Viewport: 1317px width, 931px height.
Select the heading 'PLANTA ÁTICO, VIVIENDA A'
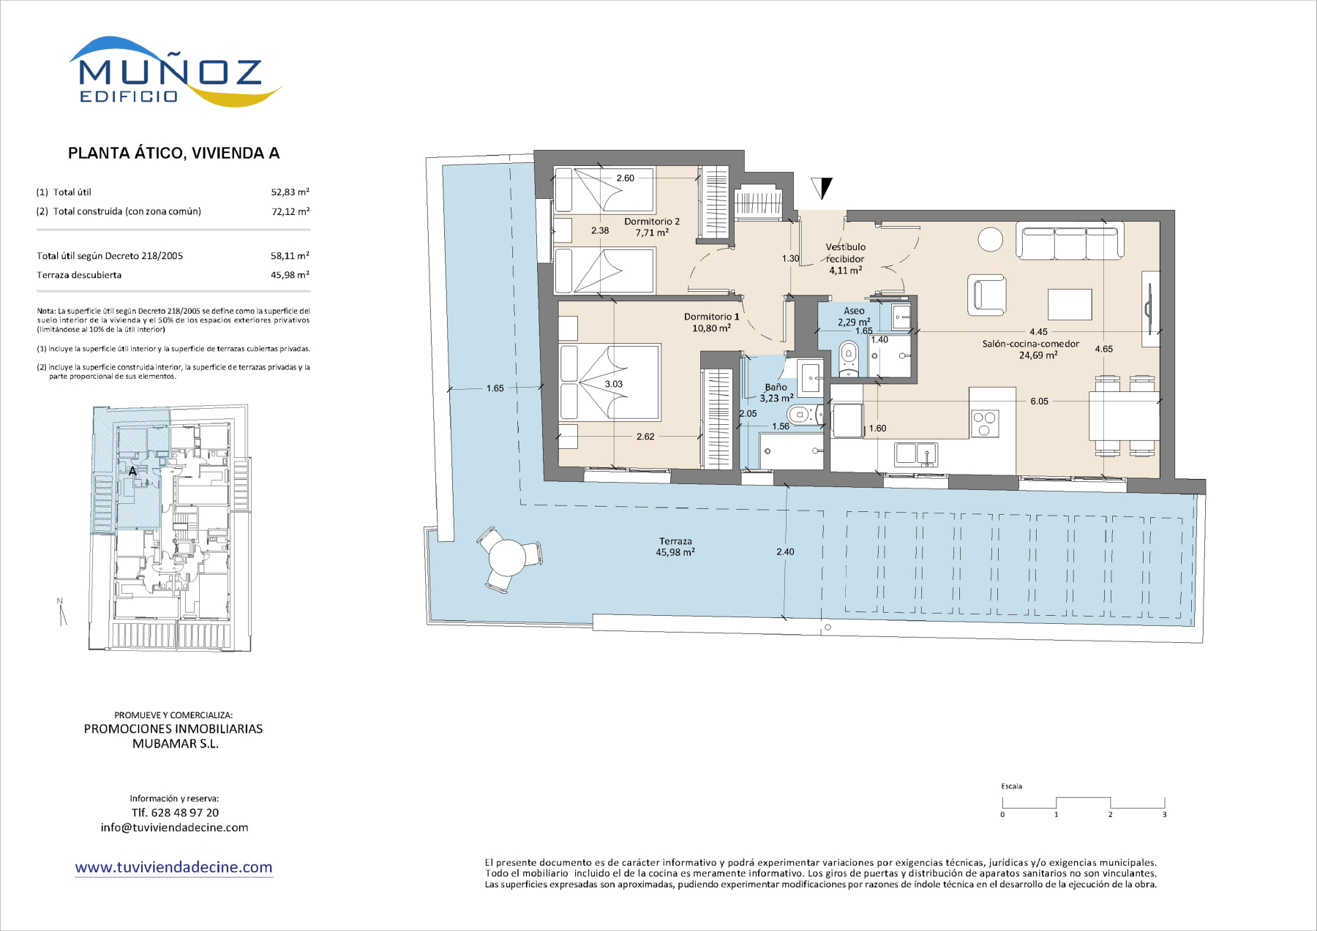(173, 153)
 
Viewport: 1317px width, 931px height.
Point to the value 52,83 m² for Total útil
(290, 192)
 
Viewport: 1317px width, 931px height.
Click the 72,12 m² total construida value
(290, 211)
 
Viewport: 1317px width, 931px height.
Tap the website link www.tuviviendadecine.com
(173, 867)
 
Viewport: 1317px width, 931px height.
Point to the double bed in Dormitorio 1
(610, 383)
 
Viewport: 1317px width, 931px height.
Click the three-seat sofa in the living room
(1069, 241)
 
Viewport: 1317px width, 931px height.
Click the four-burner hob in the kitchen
(984, 423)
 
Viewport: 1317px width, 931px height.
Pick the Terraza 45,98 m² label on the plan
(675, 547)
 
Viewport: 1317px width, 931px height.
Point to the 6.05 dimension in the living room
(1039, 401)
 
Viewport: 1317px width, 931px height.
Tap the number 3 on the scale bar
(1164, 815)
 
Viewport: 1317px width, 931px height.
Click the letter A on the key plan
(132, 472)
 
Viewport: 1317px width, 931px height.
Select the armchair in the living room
(986, 295)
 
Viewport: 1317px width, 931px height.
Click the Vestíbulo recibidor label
(846, 259)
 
